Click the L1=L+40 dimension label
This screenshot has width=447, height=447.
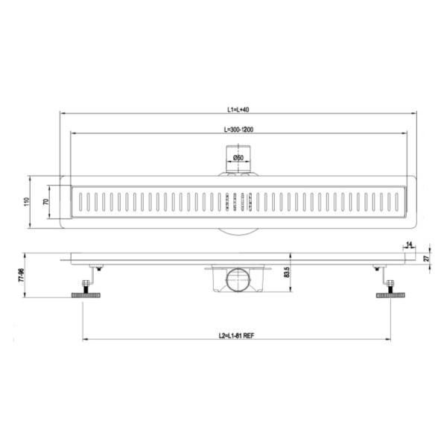click(238, 110)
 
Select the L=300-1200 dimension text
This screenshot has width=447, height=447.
click(238, 130)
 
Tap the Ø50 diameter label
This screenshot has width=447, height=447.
click(238, 158)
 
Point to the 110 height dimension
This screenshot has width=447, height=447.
click(27, 202)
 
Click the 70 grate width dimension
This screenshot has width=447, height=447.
click(45, 202)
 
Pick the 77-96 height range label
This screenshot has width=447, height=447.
click(22, 275)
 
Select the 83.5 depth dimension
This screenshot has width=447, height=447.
click(287, 272)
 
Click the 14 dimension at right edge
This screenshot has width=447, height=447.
click(409, 245)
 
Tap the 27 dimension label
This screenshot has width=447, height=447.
click(426, 259)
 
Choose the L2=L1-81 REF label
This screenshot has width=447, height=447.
click(236, 335)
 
